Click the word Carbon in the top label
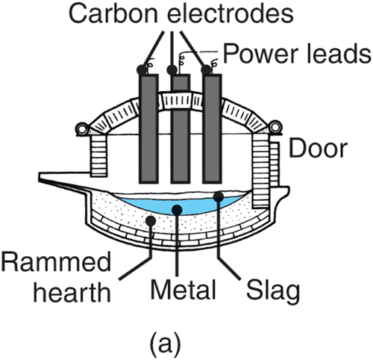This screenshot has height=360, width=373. point(113,13)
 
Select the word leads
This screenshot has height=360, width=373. point(339,53)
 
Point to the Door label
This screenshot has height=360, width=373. point(318,149)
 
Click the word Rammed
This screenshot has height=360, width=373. point(56,261)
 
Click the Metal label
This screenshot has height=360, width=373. point(183,289)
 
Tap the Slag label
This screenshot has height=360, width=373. point(273,292)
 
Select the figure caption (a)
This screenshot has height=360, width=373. point(165,343)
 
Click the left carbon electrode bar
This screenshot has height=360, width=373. point(148,128)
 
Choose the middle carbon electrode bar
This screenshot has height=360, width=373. point(181,128)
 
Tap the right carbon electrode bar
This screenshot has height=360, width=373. point(212,128)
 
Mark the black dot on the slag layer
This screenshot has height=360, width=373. point(219,196)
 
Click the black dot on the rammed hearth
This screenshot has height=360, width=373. point(151,220)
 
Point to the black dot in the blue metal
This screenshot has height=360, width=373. point(177,210)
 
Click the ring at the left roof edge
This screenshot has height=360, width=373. point(81,128)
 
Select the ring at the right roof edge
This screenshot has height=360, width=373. point(275,127)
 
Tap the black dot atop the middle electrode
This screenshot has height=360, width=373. point(172,69)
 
